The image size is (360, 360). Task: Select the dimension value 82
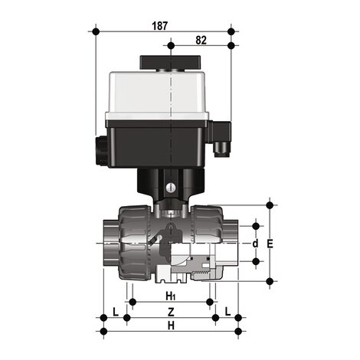pyautogui.click(x=201, y=40)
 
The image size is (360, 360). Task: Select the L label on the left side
pyautogui.click(x=114, y=310)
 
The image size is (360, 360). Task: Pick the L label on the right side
pyautogui.click(x=227, y=310)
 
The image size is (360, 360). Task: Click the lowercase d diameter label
pyautogui.click(x=255, y=244)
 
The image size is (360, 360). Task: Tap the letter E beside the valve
pyautogui.click(x=269, y=244)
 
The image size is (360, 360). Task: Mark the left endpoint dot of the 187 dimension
pyautogui.click(x=96, y=31)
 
